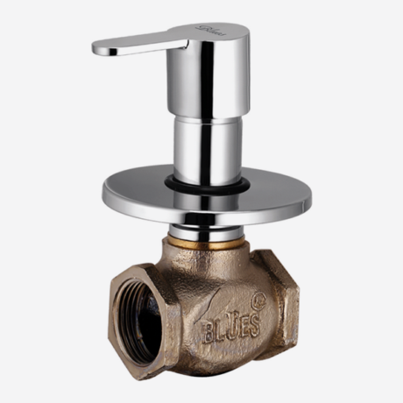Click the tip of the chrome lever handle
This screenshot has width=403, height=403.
pyautogui.click(x=98, y=48)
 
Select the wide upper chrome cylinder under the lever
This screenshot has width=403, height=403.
pyautogui.click(x=209, y=83)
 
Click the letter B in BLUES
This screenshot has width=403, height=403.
pyautogui.click(x=209, y=332)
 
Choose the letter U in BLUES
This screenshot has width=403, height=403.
pyautogui.click(x=230, y=329)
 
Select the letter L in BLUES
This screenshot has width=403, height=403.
pyautogui.click(x=220, y=331)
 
